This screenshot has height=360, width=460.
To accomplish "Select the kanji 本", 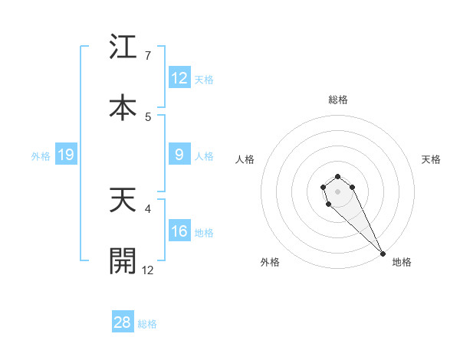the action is pos(123,108).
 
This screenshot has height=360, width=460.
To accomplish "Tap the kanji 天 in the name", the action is pos(123,201).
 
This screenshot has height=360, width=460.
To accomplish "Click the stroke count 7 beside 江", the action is pos(148,56).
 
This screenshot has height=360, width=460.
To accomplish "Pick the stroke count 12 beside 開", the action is pos(148,270).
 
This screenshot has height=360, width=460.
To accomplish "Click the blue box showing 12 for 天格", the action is pos(179,78).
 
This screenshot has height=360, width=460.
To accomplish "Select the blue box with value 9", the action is pos(179,155).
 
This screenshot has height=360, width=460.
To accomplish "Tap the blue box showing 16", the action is pos(179,231).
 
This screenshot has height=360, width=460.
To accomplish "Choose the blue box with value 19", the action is pos(65,155).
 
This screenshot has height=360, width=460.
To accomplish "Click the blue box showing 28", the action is pos(123,322).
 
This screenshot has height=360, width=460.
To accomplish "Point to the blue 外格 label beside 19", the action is pos(41,155).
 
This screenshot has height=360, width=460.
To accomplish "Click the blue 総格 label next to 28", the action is pos(147,323).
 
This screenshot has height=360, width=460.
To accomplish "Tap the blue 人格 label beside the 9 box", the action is pos(204,155).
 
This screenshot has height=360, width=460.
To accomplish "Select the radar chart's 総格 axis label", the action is pos(337,100).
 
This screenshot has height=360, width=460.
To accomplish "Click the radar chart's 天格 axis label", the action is pos(431,159).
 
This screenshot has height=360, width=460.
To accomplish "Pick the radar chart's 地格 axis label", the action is pos(402,262).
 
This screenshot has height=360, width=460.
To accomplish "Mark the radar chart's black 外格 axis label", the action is pos(270,262).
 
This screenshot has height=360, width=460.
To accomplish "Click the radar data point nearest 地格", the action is pos(383,254).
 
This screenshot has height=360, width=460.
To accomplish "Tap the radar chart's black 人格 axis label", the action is pos(245,159).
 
